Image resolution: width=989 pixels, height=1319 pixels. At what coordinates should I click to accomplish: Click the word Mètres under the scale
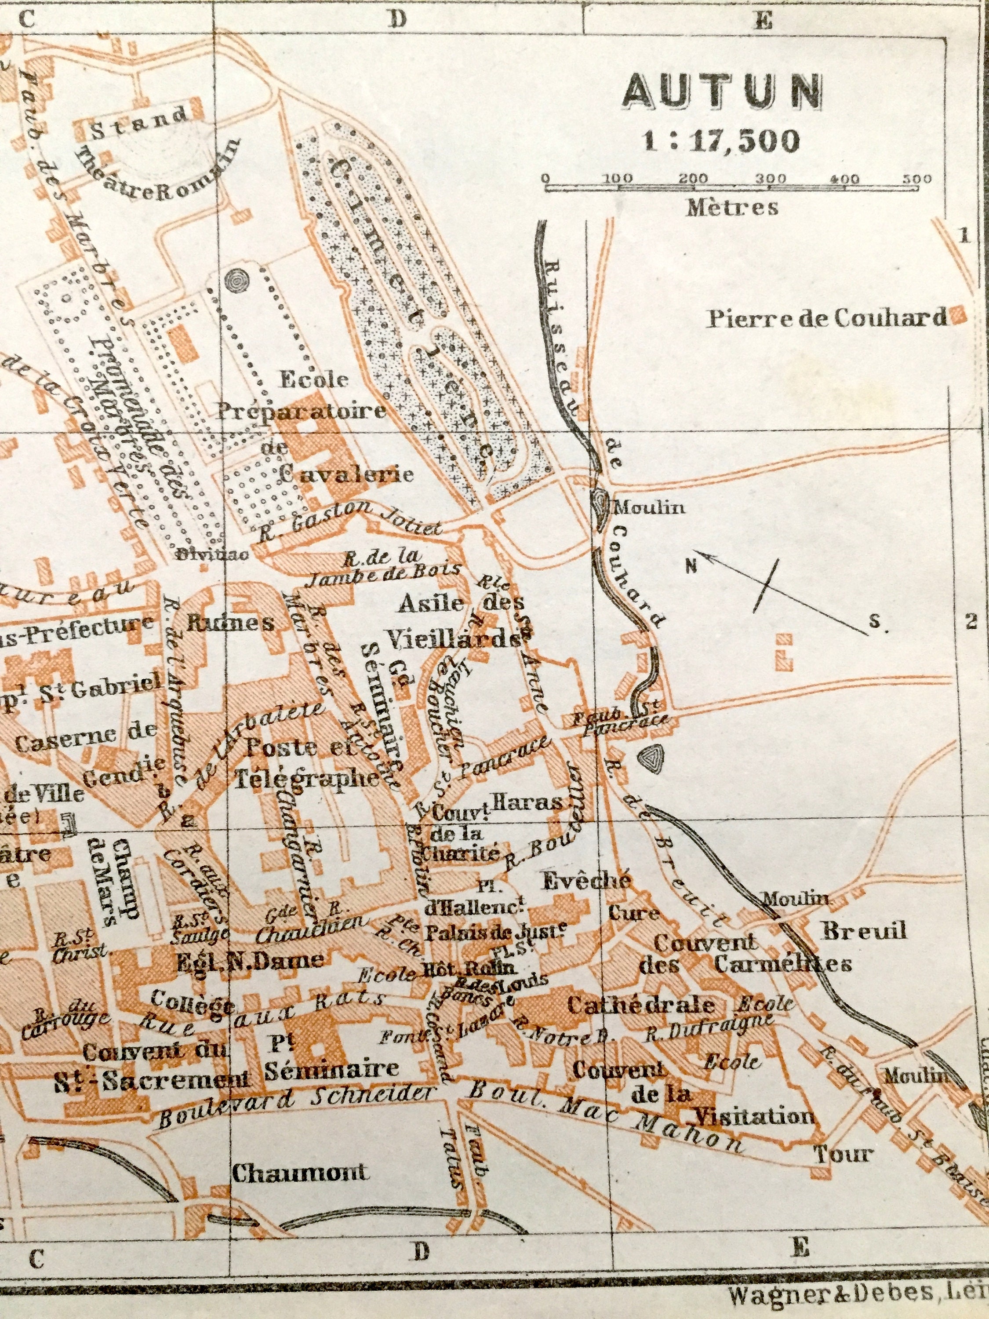tap(732, 208)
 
